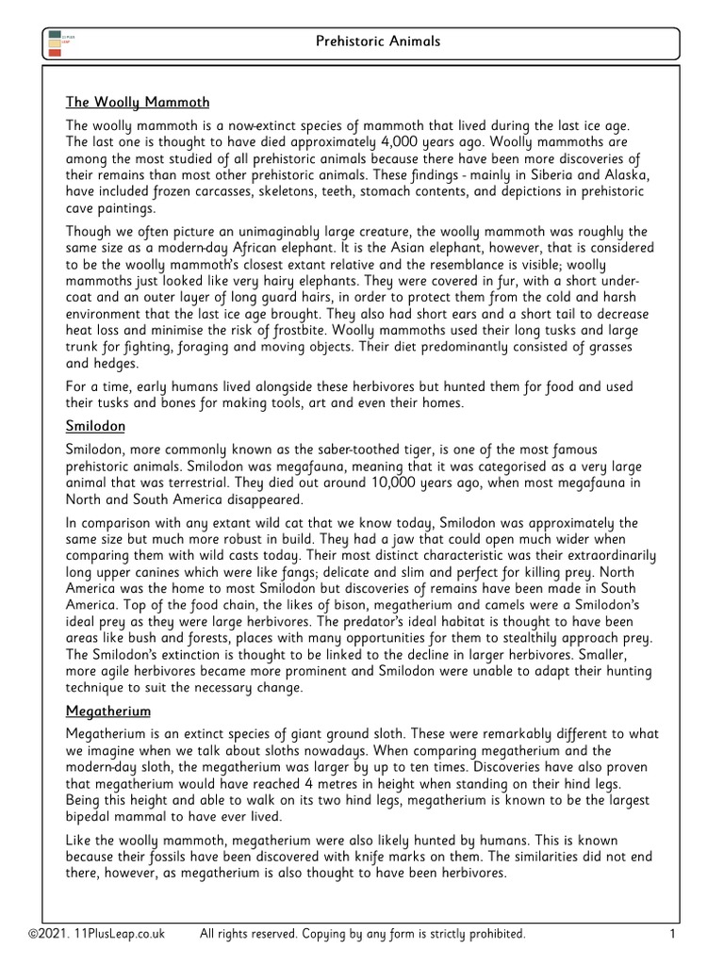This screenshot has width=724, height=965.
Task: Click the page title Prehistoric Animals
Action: click(x=377, y=42)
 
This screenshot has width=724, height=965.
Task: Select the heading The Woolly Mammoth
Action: click(x=138, y=102)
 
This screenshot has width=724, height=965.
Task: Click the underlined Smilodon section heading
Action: click(x=96, y=426)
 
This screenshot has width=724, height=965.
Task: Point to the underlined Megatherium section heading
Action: click(x=108, y=711)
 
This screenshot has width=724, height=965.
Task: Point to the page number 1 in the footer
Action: click(x=673, y=933)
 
